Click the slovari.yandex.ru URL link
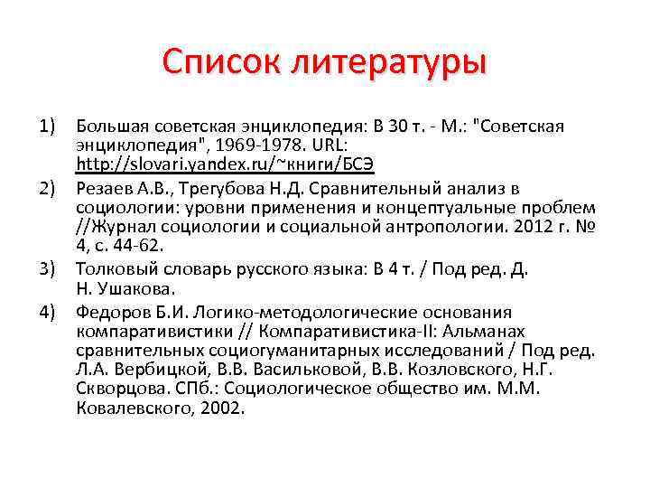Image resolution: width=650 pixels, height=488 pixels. point(225,164)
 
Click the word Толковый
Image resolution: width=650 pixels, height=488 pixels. point(111,269)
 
